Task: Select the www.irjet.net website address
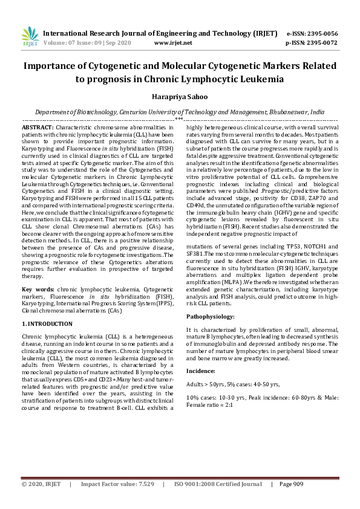coord(173,43)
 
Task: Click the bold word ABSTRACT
coord(37,128)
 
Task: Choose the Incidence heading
coord(201,370)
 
